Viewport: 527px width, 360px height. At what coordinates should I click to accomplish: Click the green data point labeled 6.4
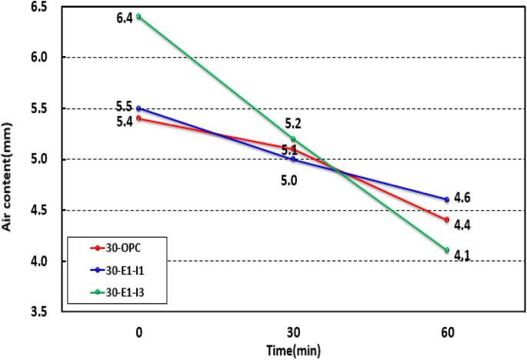(x=138, y=16)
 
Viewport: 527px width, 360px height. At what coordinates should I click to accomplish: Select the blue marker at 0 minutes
(x=138, y=108)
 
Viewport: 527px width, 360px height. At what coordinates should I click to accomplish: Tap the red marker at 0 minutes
(x=138, y=118)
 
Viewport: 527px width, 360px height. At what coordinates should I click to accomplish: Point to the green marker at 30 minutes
(x=293, y=138)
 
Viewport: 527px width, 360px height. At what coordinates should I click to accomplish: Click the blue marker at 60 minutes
(x=447, y=200)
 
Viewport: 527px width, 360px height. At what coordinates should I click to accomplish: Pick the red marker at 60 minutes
(x=447, y=220)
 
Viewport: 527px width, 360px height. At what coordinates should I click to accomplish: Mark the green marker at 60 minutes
(x=447, y=250)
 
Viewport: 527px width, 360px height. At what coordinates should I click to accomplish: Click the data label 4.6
(x=462, y=198)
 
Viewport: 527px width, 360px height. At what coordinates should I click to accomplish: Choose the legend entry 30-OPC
(x=123, y=248)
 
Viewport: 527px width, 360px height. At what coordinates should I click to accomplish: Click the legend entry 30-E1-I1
(x=125, y=270)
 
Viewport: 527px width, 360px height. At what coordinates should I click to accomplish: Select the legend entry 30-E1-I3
(x=125, y=292)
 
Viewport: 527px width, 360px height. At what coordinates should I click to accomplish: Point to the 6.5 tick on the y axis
(x=38, y=7)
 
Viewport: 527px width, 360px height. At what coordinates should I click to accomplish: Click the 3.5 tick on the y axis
(x=38, y=312)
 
